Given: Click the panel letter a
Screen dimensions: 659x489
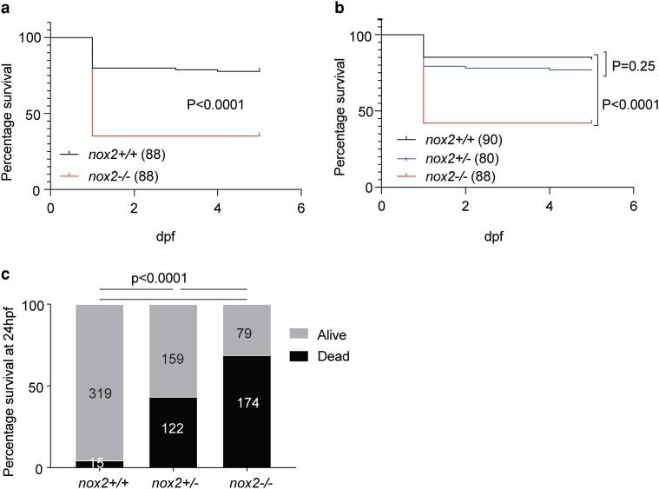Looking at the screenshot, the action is (5, 9).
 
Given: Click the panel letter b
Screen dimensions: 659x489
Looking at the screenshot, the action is (339, 7).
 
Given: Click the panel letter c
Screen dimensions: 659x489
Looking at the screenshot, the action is (5, 274).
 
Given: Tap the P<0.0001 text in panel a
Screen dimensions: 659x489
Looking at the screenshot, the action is (215, 104).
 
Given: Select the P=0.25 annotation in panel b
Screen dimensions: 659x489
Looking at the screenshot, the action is (633, 66).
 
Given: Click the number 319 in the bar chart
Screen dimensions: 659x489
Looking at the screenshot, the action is (100, 393).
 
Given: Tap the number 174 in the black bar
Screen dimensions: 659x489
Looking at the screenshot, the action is (248, 403).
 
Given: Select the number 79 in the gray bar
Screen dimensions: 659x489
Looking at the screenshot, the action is (244, 334).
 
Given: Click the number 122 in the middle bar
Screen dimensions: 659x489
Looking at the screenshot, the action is (173, 428).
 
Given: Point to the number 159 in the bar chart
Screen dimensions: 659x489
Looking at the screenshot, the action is (173, 359).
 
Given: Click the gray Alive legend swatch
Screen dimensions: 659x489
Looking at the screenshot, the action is (299, 334).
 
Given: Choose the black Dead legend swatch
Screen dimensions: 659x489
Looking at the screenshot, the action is (299, 356).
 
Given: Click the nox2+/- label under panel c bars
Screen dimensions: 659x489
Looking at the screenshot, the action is (173, 483).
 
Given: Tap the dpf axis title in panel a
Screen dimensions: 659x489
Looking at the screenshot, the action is (166, 237).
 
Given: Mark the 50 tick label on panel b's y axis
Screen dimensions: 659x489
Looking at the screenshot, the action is (366, 111).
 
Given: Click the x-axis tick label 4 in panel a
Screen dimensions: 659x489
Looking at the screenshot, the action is (217, 208).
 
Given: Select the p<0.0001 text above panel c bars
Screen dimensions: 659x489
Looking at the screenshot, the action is (159, 278).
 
